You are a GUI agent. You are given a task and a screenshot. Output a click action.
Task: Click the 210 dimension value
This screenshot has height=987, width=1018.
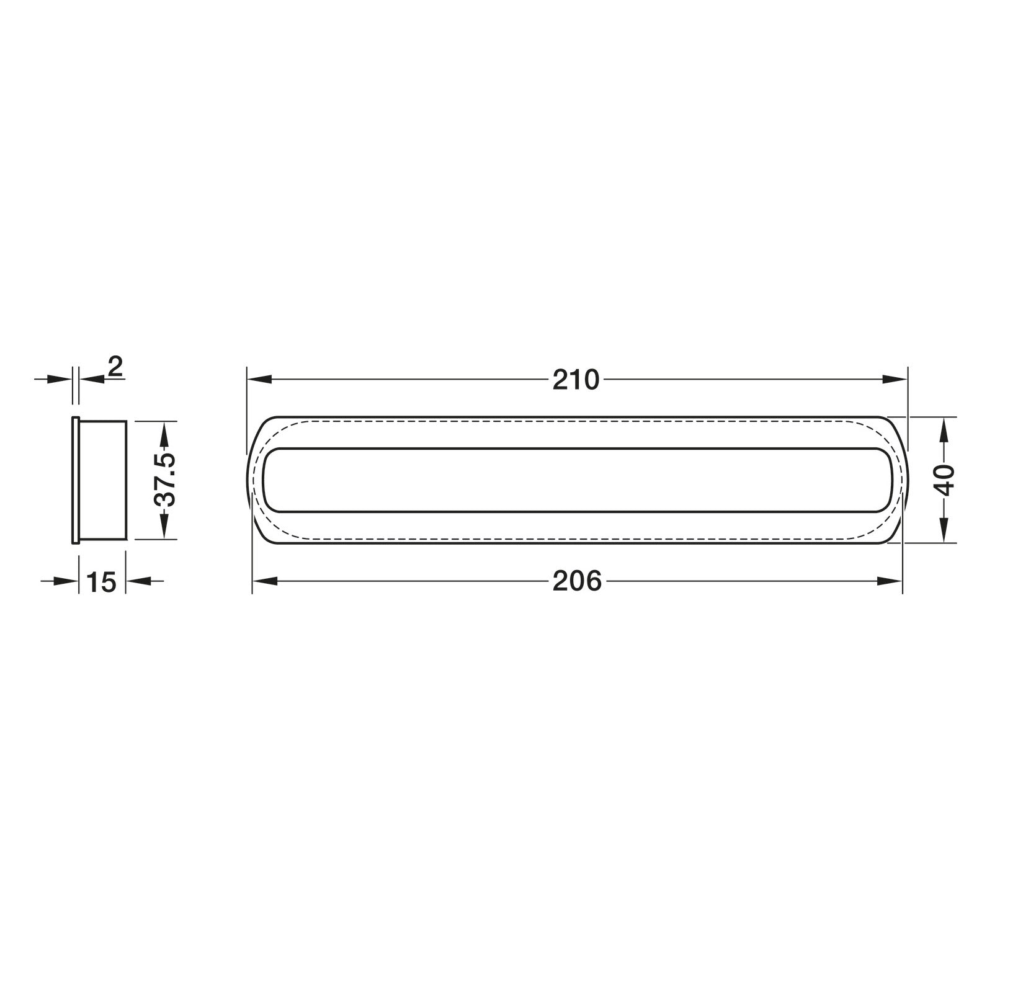pyautogui.click(x=576, y=380)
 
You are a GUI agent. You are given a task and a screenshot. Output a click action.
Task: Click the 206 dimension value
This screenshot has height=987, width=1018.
pyautogui.click(x=577, y=581)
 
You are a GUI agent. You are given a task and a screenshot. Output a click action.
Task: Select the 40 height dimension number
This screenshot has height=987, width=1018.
pyautogui.click(x=945, y=480)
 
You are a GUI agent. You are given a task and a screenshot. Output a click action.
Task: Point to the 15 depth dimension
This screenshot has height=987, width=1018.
pyautogui.click(x=102, y=583)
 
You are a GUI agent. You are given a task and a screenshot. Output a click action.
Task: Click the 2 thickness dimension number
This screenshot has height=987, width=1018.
pyautogui.click(x=115, y=367)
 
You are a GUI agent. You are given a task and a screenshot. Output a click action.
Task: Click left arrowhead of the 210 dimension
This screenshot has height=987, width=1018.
pyautogui.click(x=260, y=379)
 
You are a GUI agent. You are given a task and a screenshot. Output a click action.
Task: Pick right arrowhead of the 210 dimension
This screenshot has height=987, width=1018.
pyautogui.click(x=895, y=379)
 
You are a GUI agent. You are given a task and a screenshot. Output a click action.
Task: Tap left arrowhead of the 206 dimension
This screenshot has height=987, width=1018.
pyautogui.click(x=265, y=581)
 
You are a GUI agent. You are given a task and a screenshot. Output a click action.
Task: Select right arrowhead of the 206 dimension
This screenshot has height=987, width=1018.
pyautogui.click(x=890, y=581)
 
